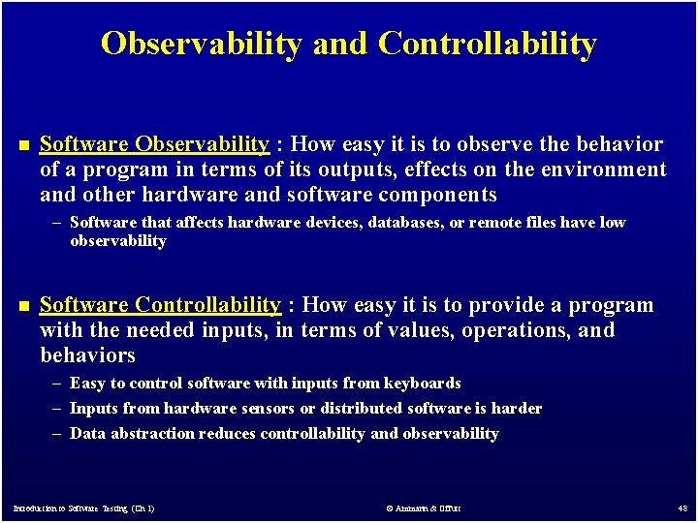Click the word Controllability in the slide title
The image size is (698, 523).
[488, 44]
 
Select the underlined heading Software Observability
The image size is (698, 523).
[154, 145]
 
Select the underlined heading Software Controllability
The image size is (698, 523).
[160, 306]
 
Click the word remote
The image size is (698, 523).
[512, 223]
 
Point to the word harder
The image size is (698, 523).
[515, 409]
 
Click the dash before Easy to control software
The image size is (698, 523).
[59, 384]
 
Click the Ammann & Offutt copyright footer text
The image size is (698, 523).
[423, 508]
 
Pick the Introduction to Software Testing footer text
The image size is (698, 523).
[83, 508]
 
